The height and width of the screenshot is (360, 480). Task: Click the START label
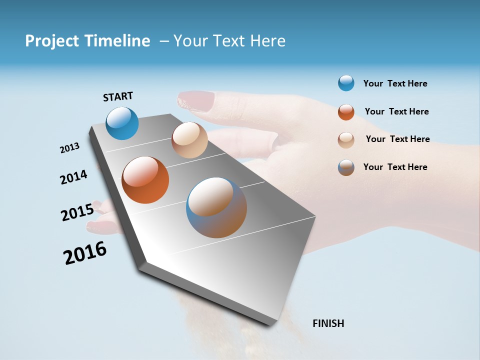coord(118,96)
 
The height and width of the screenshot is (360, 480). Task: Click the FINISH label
coord(328,323)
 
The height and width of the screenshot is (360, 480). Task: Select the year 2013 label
coord(69,148)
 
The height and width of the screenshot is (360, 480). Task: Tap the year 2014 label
coord(73,177)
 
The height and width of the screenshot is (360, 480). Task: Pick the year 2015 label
coord(77,212)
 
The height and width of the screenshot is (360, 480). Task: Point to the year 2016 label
coord(85,253)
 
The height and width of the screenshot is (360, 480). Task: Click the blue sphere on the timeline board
coord(122,123)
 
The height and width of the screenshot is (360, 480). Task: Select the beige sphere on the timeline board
coord(189,140)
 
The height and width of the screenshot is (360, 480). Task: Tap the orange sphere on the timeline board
coord(145,180)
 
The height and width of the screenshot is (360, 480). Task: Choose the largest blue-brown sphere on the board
coord(216,207)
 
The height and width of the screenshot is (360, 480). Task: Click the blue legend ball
coord(346,83)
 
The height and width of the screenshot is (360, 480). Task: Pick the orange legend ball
coord(346,112)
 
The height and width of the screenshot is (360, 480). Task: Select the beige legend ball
coord(346,139)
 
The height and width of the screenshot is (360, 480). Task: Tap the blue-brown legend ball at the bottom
coord(346,167)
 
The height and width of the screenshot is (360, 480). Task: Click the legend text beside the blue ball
coord(395,83)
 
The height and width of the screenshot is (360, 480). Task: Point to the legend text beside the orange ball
coord(396,111)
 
